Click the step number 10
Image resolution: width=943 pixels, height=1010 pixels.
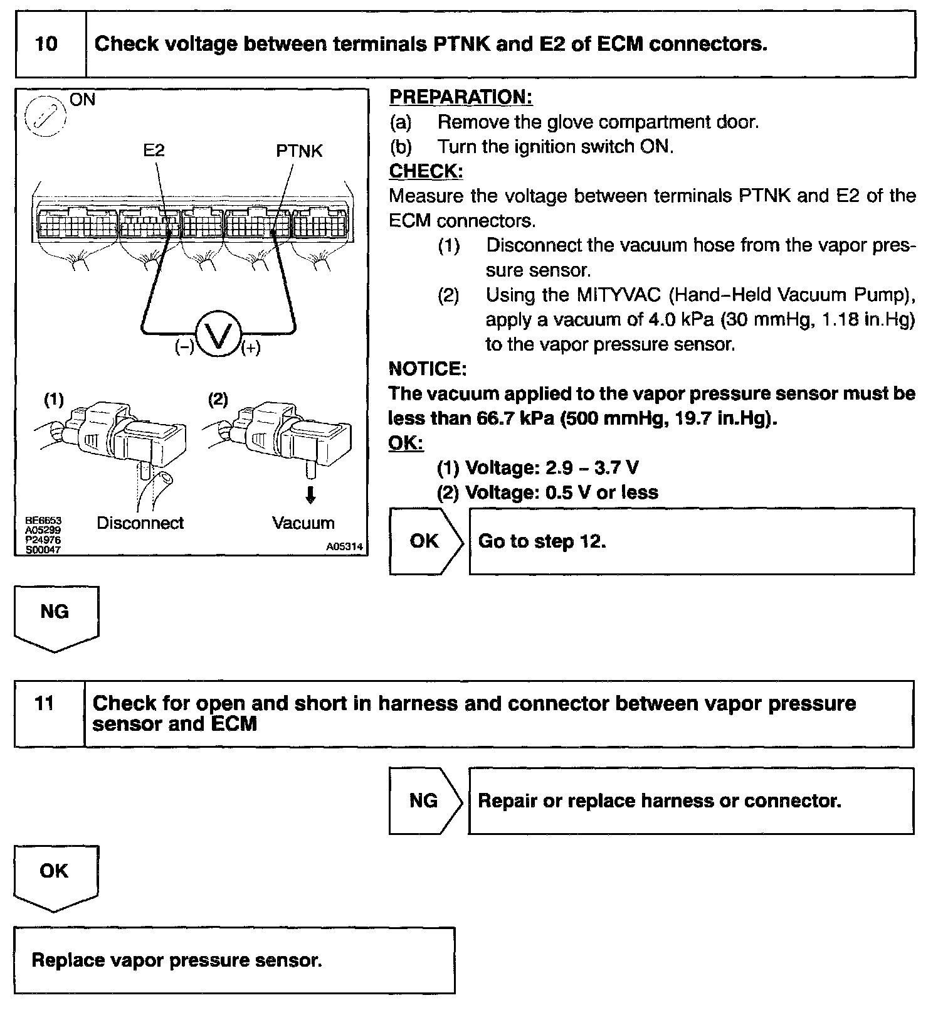[x=47, y=44]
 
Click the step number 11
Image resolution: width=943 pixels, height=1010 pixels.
[x=45, y=703]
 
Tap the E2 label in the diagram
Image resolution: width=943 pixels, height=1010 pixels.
[x=154, y=151]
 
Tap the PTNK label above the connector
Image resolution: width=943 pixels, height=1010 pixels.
[x=299, y=151]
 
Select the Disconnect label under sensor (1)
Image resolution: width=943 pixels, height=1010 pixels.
[x=140, y=523]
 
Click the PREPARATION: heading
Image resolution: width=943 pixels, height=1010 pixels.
[x=461, y=97]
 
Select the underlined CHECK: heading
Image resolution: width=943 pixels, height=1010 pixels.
[x=426, y=171]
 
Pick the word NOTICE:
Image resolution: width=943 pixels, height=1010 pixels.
[x=428, y=369]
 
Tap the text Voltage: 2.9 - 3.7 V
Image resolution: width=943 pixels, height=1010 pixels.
[x=552, y=468]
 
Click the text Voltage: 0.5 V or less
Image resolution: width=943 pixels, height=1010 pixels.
[x=561, y=492]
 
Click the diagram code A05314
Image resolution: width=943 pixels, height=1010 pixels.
[x=344, y=546]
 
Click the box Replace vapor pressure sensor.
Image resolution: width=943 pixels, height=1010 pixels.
[x=234, y=960]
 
